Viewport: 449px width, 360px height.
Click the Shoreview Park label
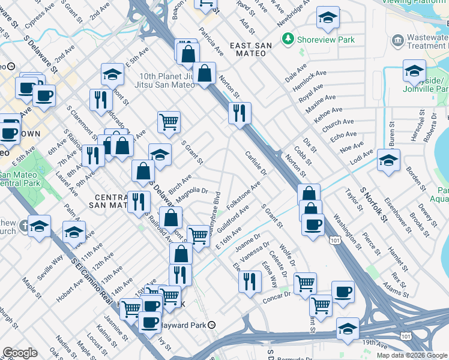[x=325, y=40]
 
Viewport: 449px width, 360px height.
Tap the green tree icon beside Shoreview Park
[x=289, y=40]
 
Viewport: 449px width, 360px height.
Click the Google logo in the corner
[x=20, y=353]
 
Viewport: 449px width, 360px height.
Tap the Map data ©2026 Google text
[x=411, y=355]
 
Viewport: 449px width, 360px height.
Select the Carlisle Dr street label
[x=256, y=164]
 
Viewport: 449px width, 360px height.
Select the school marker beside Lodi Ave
[x=388, y=160]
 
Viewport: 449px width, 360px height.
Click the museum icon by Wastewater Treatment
[x=397, y=41]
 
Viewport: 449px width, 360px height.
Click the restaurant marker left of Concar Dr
[x=249, y=281]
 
